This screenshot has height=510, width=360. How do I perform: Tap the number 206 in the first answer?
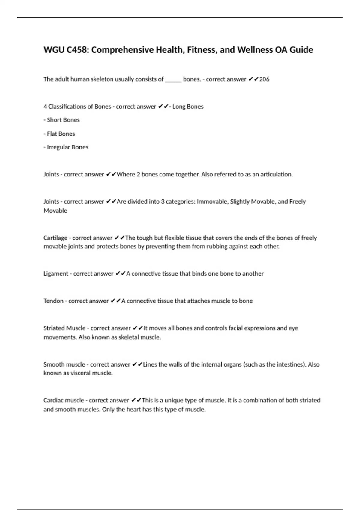(x=264, y=79)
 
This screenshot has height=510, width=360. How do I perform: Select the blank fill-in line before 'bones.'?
(x=173, y=80)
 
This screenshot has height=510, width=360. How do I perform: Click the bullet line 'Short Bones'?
(x=62, y=120)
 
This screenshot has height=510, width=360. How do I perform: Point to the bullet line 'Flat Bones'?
(x=59, y=134)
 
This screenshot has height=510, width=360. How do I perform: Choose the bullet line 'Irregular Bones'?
(x=66, y=147)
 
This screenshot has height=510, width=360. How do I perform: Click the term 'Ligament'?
(x=56, y=274)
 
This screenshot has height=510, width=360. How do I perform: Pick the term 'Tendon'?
(x=53, y=301)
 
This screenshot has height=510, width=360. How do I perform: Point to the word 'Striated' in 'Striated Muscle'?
(x=54, y=328)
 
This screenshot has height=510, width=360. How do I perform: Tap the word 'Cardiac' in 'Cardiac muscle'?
(x=53, y=400)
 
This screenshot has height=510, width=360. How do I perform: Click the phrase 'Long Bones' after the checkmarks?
(x=188, y=106)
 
